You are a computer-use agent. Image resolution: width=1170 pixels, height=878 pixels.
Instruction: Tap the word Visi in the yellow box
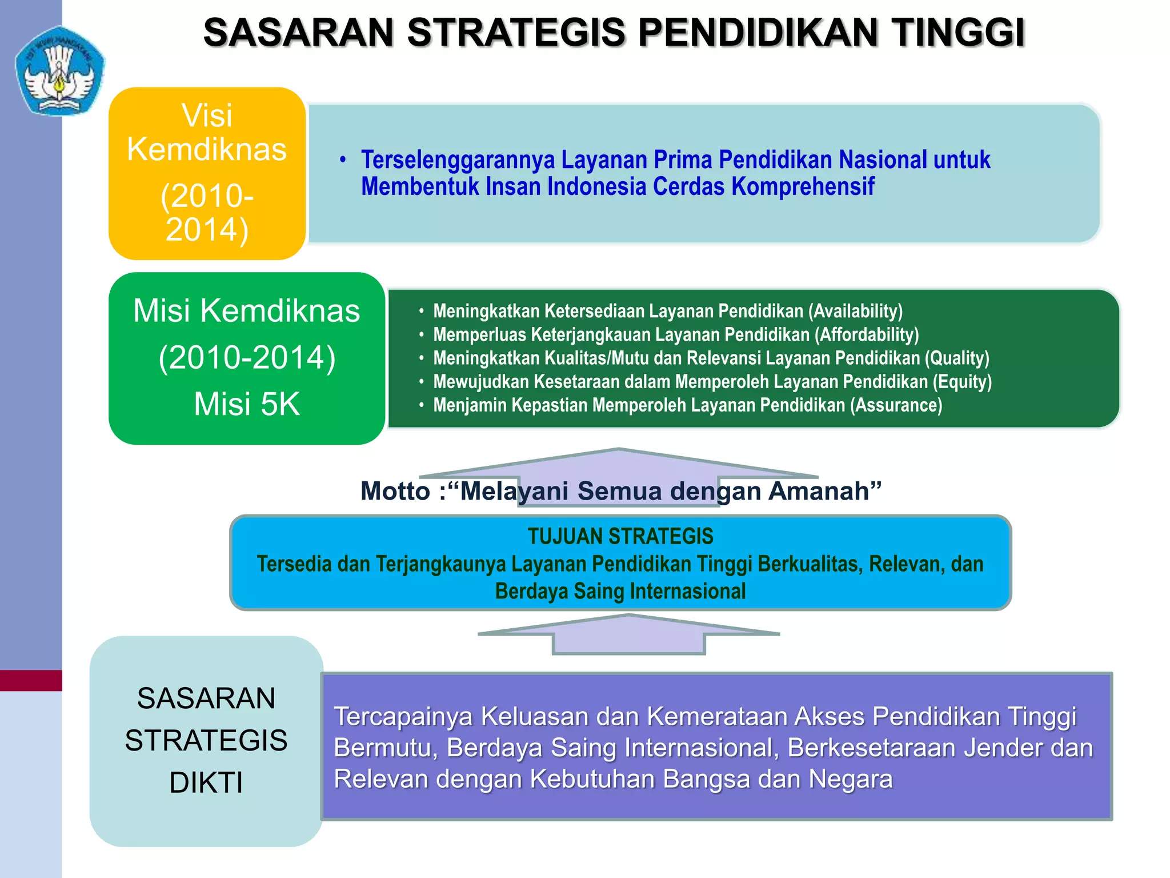click(x=207, y=115)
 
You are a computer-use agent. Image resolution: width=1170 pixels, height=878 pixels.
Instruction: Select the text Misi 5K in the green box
click(x=246, y=404)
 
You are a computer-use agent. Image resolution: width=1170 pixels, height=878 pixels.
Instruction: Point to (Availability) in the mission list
click(x=855, y=311)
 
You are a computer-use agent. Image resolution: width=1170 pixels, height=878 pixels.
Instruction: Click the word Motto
click(x=395, y=491)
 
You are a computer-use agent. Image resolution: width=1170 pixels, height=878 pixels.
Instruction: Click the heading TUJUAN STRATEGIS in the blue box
click(x=620, y=536)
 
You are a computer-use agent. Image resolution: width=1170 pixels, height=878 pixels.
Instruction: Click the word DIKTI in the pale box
click(x=206, y=783)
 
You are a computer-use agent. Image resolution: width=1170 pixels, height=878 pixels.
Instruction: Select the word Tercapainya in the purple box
click(x=403, y=717)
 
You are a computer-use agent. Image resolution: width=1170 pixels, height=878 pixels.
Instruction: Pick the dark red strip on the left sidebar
click(x=31, y=680)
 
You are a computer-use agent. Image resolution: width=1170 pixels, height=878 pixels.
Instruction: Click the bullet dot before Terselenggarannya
click(x=343, y=159)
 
